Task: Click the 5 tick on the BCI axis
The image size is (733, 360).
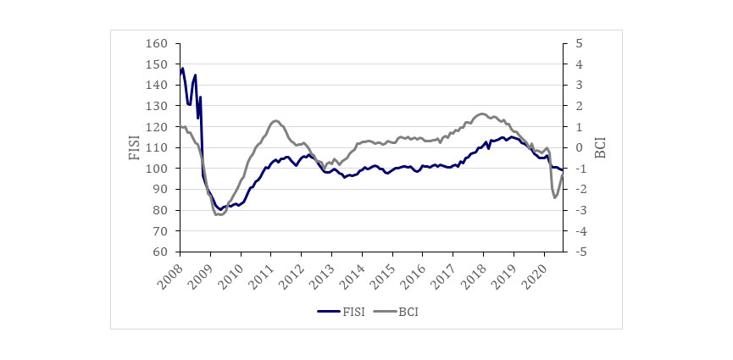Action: (578, 44)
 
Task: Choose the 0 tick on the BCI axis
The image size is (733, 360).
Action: (578, 148)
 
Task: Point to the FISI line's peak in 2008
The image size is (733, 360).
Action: (182, 68)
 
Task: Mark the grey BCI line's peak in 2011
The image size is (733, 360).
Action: (276, 120)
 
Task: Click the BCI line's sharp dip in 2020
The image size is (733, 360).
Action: (555, 197)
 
